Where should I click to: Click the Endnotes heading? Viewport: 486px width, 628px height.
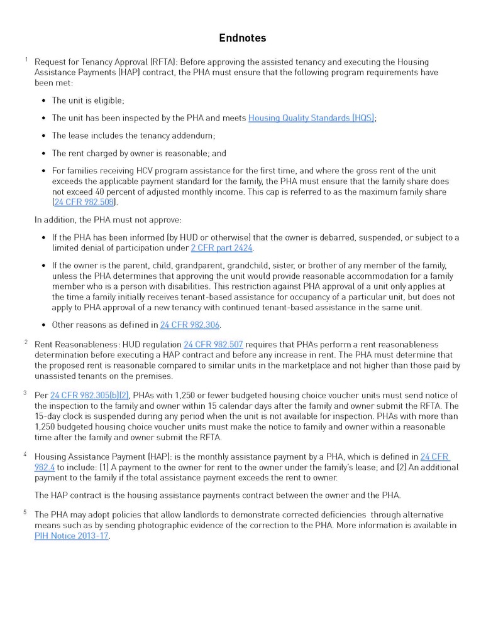coord(243,38)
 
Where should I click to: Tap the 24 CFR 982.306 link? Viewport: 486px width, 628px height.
coord(190,325)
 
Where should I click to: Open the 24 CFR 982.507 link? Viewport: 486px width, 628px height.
coord(213,345)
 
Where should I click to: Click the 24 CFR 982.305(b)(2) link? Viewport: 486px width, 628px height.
coord(89,395)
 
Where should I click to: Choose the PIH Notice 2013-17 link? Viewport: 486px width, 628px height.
coord(72,536)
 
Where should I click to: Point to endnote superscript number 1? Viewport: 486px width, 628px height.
coord(26,60)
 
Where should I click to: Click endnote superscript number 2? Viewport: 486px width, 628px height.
coord(26,342)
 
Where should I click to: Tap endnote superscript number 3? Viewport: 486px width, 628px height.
coord(25,393)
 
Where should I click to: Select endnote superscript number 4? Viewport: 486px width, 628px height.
coord(26,454)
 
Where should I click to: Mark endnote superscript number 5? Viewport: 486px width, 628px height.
coord(26,512)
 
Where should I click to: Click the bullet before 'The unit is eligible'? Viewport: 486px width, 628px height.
coord(43,100)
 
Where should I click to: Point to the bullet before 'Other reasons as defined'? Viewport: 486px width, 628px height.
coord(43,325)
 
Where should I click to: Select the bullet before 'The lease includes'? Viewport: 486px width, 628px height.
coord(43,136)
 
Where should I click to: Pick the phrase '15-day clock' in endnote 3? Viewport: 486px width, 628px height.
coord(60,416)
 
